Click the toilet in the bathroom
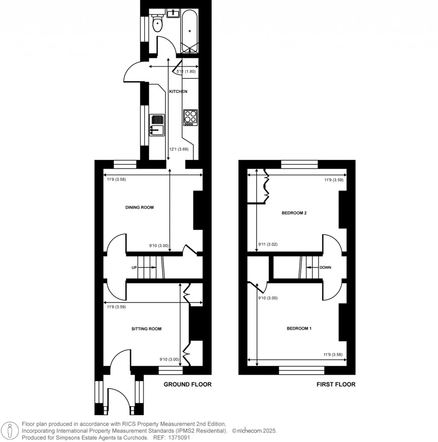point(157,23)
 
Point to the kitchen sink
point(157,129)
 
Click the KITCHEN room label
point(178,91)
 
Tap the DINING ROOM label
point(139,207)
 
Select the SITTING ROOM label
point(146,329)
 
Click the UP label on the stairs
point(134,268)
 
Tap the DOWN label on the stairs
point(325,268)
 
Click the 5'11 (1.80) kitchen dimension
point(186,71)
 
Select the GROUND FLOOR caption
point(188,384)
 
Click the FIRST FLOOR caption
point(336,384)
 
